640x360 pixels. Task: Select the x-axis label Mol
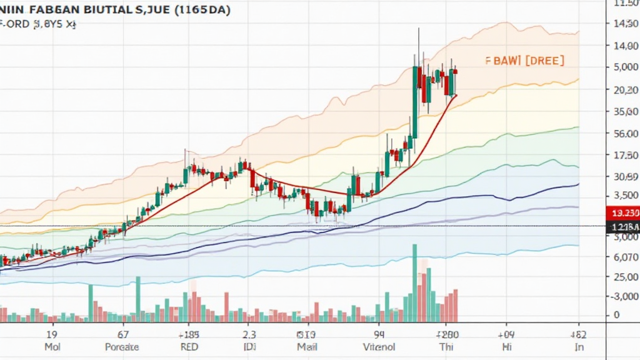[x=51, y=347]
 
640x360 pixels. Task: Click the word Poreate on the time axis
[x=122, y=347]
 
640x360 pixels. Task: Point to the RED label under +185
[x=188, y=347]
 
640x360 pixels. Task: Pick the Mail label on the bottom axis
[x=307, y=347]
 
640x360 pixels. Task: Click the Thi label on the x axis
[x=446, y=347]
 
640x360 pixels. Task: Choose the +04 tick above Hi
[x=506, y=334]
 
